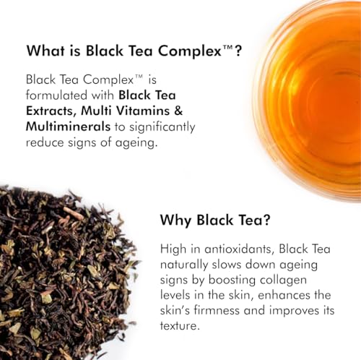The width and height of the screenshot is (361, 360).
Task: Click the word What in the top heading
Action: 45,51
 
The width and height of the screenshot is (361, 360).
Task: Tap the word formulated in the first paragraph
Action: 56,95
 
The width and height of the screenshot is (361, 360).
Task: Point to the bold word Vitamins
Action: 143,111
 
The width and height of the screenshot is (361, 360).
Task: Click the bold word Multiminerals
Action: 68,127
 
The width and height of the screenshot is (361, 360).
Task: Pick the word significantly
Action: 162,127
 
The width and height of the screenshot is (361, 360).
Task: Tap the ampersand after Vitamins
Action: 178,111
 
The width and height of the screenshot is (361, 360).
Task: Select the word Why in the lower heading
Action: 176,220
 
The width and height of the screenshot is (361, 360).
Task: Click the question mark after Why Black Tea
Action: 266,220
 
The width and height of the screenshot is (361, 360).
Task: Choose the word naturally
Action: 184,265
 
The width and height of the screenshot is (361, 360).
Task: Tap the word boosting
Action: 232,280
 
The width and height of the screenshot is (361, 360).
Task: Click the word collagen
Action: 283,280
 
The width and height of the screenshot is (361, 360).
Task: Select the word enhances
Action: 284,295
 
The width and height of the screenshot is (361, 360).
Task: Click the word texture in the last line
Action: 180,326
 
